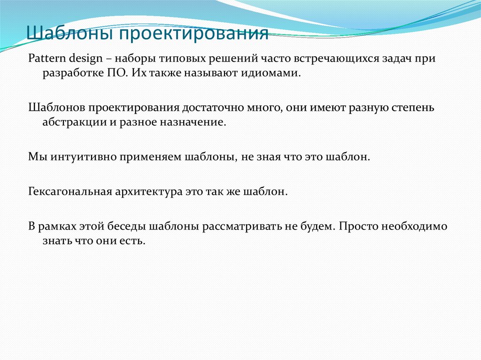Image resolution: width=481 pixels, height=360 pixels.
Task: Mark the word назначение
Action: click(194, 123)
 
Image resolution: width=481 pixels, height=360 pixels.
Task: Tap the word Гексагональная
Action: click(69, 191)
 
